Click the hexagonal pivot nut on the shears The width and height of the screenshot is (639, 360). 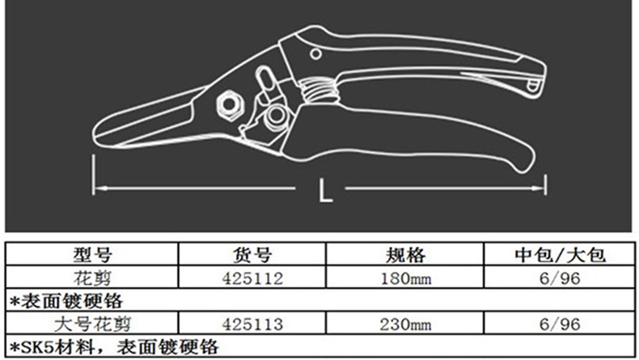(230, 105)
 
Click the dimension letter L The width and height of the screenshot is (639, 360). (325, 190)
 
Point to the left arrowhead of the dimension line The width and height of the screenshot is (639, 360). (100, 188)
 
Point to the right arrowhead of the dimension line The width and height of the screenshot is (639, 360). (538, 188)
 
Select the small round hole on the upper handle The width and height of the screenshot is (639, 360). (315, 54)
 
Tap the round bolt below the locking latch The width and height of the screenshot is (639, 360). (276, 116)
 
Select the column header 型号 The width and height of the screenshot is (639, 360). (92, 255)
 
